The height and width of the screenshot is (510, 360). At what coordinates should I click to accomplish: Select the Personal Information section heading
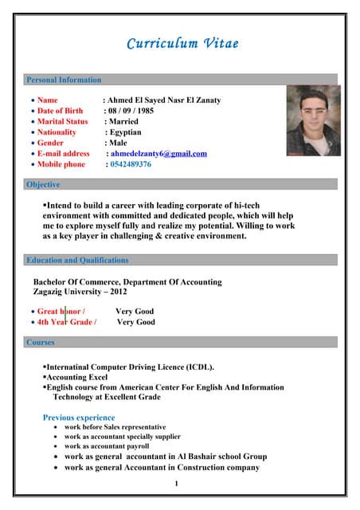[x=64, y=80]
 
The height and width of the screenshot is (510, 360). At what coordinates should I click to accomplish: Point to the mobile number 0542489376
[x=131, y=164]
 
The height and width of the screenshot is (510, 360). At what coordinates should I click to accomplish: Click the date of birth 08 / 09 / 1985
[x=130, y=111]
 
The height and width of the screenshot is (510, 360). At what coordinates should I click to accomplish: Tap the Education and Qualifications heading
[x=77, y=260]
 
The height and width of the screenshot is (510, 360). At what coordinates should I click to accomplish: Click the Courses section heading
[x=41, y=343]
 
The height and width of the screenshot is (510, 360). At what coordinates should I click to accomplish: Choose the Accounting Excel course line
[x=77, y=376]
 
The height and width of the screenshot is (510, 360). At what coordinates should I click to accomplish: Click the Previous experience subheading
[x=79, y=418]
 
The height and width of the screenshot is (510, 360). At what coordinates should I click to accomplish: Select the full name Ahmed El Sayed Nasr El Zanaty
[x=164, y=100]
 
